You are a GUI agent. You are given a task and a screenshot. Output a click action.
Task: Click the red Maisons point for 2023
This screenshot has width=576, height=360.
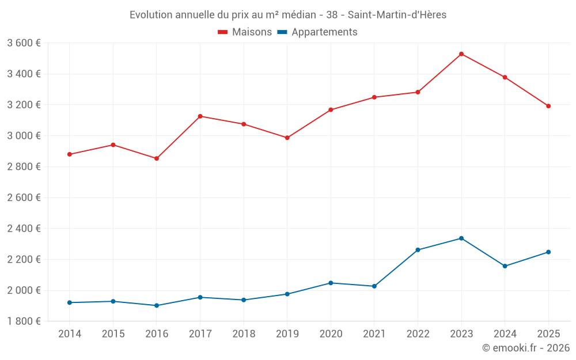pyautogui.click(x=461, y=54)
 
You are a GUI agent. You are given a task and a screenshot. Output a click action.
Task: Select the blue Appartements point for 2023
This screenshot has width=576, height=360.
pyautogui.click(x=461, y=238)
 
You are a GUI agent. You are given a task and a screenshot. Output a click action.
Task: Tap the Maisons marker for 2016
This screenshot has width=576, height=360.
pyautogui.click(x=157, y=158)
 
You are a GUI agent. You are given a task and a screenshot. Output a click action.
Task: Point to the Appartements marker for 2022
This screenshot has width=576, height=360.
pyautogui.click(x=418, y=250)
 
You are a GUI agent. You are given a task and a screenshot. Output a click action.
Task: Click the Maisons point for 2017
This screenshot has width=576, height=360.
pyautogui.click(x=200, y=116)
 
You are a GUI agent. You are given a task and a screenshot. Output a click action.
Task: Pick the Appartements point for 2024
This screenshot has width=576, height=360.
pyautogui.click(x=505, y=266)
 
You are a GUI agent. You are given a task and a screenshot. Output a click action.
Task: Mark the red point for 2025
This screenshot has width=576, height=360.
pyautogui.click(x=548, y=106)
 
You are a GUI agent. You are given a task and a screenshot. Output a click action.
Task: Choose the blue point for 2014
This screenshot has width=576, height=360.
pyautogui.click(x=70, y=302)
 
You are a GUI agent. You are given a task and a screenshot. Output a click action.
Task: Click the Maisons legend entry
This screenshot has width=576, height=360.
pyautogui.click(x=245, y=32)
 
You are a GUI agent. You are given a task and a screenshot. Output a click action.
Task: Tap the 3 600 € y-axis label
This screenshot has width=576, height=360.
pyautogui.click(x=24, y=43)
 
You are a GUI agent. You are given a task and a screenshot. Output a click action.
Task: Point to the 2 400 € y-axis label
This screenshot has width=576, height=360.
pyautogui.click(x=24, y=229)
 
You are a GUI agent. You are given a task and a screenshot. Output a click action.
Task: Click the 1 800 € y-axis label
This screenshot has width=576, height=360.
pyautogui.click(x=24, y=321)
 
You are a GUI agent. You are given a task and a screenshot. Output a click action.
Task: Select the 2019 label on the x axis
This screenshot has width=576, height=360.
pyautogui.click(x=287, y=334)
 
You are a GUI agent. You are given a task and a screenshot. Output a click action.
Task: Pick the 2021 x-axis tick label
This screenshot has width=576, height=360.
pyautogui.click(x=374, y=334)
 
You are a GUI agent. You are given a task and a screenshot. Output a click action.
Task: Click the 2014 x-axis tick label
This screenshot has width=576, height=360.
pyautogui.click(x=70, y=334)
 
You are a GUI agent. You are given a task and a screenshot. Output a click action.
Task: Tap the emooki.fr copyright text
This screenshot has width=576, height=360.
pyautogui.click(x=525, y=348)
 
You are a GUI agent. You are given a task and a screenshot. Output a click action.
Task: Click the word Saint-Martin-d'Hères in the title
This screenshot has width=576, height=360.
pyautogui.click(x=397, y=15)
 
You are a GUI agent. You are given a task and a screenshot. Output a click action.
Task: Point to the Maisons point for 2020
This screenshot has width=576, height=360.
pyautogui.click(x=331, y=109)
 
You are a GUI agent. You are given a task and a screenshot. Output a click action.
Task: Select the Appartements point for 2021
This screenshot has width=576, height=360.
pyautogui.click(x=374, y=286)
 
